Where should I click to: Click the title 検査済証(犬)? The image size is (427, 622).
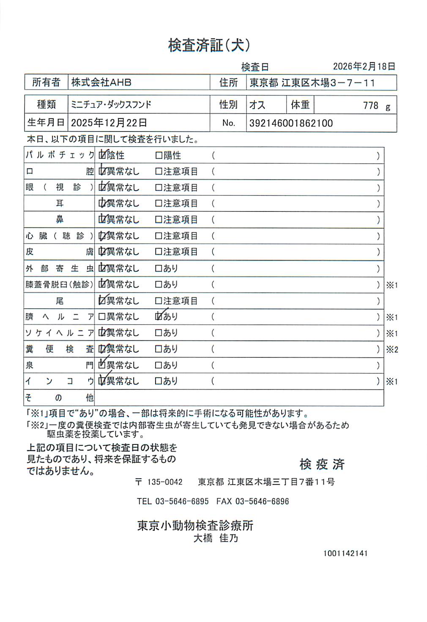(209, 45)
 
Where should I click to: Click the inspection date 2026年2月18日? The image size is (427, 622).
(364, 66)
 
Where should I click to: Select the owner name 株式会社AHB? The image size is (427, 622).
(101, 82)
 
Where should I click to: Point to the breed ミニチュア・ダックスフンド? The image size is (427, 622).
(111, 104)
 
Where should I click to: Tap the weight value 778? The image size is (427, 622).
(370, 105)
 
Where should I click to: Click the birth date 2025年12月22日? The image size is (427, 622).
(109, 123)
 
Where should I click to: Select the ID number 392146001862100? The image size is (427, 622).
(291, 123)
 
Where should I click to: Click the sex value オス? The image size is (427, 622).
(257, 105)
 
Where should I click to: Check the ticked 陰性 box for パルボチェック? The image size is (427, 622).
(102, 156)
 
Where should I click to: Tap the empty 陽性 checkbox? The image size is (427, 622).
(159, 156)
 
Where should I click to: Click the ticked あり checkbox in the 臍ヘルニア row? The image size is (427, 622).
(159, 316)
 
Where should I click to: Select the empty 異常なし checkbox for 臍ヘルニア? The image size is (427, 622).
(102, 316)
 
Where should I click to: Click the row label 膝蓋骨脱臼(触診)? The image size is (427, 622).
(59, 285)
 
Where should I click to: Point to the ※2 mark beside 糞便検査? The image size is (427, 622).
(392, 349)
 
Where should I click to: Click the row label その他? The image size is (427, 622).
(59, 397)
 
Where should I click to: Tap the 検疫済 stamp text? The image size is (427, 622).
(322, 464)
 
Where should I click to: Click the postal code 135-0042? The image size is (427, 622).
(164, 482)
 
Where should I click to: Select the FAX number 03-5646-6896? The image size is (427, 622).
(262, 501)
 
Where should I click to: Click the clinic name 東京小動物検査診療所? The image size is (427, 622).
(195, 525)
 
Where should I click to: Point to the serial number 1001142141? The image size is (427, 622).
(345, 553)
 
